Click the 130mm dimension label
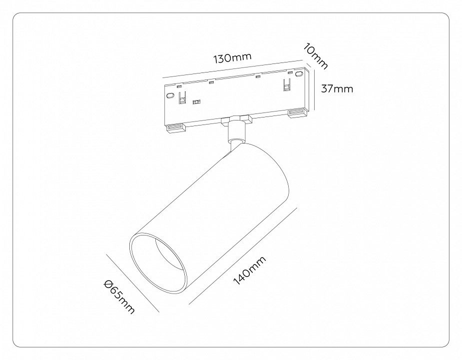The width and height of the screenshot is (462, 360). click(x=232, y=58)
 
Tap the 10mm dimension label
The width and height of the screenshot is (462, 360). click(x=316, y=56)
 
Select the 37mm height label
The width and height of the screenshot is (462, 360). click(x=337, y=88)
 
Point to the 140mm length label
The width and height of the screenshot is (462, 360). click(x=250, y=270)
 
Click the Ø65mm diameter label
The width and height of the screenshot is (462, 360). click(x=119, y=297)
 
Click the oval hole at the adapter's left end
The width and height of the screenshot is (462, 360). click(x=170, y=95)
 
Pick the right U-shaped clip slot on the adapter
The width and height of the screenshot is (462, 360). click(x=286, y=84)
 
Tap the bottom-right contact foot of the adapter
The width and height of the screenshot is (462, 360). click(x=298, y=112)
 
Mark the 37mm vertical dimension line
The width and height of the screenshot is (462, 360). click(x=315, y=89)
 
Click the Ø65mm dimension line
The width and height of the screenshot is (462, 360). click(x=132, y=282)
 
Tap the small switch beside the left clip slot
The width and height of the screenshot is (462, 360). click(x=196, y=102)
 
